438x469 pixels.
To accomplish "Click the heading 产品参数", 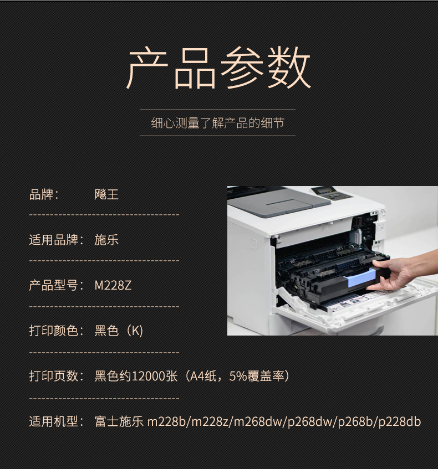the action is click(218, 68).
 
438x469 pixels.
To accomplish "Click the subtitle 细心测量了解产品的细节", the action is click(217, 123).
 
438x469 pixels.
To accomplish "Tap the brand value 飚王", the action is click(106, 194).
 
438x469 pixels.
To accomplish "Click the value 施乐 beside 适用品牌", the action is click(106, 240).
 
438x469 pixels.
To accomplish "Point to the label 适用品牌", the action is click(54, 240).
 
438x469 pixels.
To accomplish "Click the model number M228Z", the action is click(113, 285).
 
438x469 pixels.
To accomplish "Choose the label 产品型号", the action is click(54, 285).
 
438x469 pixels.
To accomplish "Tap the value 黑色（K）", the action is click(119, 331).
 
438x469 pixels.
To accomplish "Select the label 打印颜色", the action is click(54, 331).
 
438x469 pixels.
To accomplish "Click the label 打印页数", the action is click(54, 377).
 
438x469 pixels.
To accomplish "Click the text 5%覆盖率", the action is click(257, 377).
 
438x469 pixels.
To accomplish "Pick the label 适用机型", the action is click(54, 422).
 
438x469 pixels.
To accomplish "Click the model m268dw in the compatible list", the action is click(258, 422).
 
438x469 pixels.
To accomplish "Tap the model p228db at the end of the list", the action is click(400, 422).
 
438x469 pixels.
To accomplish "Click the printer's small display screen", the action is click(323, 190).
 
